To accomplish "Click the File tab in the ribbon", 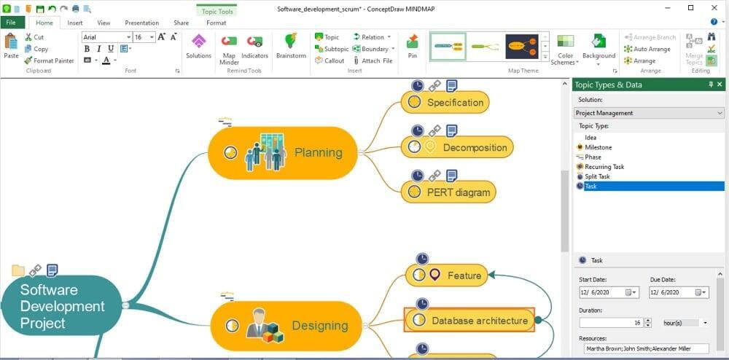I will pyautogui.click(x=11, y=23).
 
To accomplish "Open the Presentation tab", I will pyautogui.click(x=141, y=23).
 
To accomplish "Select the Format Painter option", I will pyautogui.click(x=49, y=60).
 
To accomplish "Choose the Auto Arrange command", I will pyautogui.click(x=646, y=49).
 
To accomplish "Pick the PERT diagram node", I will pyautogui.click(x=450, y=192).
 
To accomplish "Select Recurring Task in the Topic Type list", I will pyautogui.click(x=604, y=167).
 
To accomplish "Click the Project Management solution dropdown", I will pyautogui.click(x=649, y=113).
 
